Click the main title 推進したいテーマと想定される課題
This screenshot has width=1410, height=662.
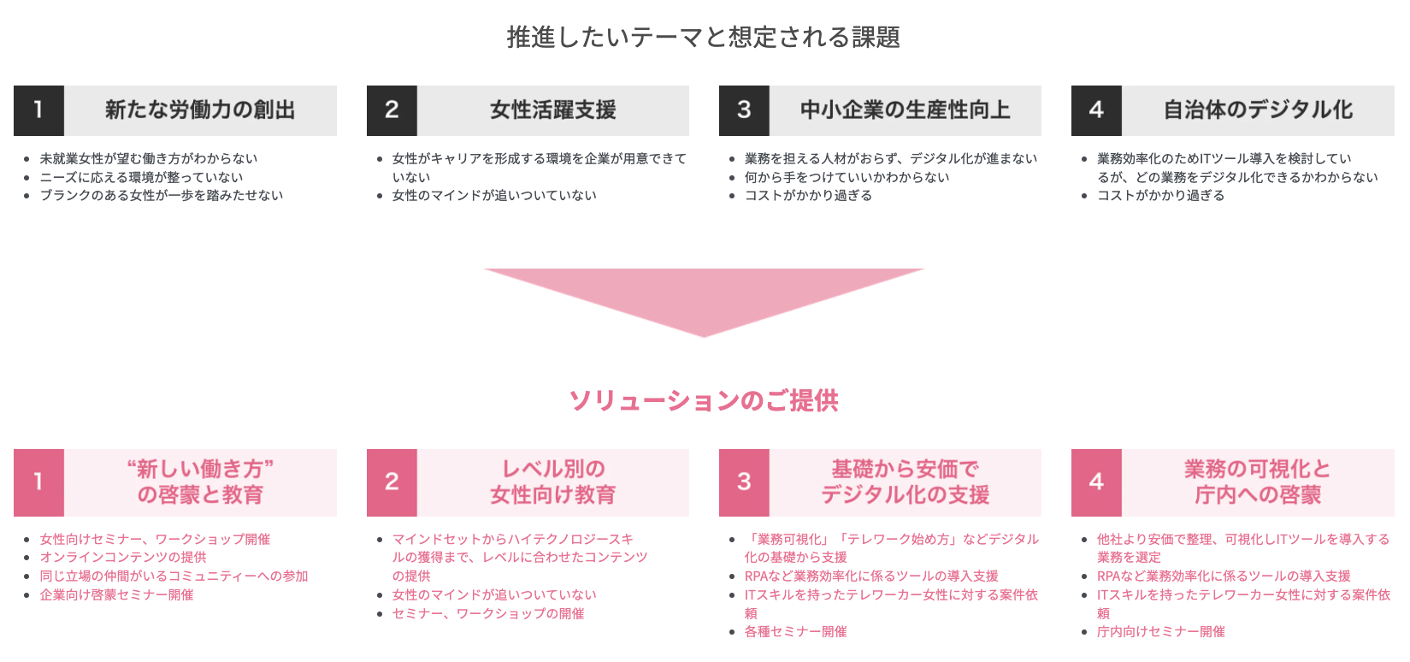pyautogui.click(x=703, y=37)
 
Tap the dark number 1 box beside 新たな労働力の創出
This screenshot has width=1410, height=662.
pyautogui.click(x=38, y=110)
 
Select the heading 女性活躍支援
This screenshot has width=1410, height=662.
pyautogui.click(x=552, y=110)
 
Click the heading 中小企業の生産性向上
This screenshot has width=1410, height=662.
pyautogui.click(x=905, y=110)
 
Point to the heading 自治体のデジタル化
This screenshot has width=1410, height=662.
pyautogui.click(x=1257, y=110)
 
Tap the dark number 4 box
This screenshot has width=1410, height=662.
pyautogui.click(x=1096, y=110)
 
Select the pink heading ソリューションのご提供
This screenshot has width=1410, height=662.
pyautogui.click(x=704, y=400)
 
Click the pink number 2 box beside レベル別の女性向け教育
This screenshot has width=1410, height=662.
pyautogui.click(x=392, y=482)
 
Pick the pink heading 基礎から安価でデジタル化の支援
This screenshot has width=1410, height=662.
pyautogui.click(x=905, y=482)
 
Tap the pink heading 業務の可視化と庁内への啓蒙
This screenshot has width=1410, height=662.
pyautogui.click(x=1257, y=482)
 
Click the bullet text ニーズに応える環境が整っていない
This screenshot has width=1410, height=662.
pyautogui.click(x=141, y=177)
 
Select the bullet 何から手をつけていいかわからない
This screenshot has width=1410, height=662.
pyautogui.click(x=847, y=177)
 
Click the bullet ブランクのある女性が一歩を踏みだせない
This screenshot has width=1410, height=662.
pyautogui.click(x=161, y=196)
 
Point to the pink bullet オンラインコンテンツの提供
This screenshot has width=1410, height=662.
pyautogui.click(x=123, y=558)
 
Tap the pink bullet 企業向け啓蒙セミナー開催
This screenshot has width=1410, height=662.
pyautogui.click(x=116, y=595)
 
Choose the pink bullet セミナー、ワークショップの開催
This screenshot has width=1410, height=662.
pyautogui.click(x=488, y=614)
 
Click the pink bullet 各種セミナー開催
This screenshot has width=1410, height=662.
pyautogui.click(x=795, y=632)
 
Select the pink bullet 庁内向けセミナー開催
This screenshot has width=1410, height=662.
pyautogui.click(x=1160, y=632)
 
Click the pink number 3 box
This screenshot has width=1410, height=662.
pyautogui.click(x=744, y=482)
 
